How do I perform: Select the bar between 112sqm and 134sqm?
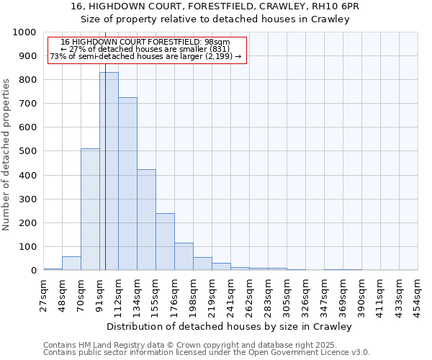click(127, 184)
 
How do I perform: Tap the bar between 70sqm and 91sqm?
click(90, 209)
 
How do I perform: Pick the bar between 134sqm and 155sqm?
click(146, 220)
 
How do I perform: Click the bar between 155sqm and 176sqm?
click(165, 242)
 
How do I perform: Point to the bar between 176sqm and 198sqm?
click(184, 256)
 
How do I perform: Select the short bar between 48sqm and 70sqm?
click(71, 264)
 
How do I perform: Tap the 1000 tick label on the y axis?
click(24, 32)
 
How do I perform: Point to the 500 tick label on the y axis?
click(27, 151)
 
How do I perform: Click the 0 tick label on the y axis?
click(33, 271)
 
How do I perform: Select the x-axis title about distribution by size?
click(230, 326)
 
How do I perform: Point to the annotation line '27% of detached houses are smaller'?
click(145, 49)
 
